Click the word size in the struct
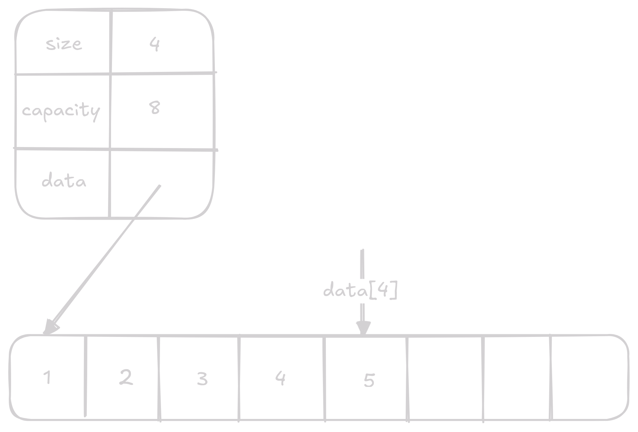point(64,44)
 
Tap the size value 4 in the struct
point(154,44)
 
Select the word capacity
point(61,111)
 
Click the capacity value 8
point(155,108)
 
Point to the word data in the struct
point(64,181)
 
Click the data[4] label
point(360,290)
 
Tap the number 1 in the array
point(48,378)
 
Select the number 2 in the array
point(126,377)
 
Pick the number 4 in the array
point(280,378)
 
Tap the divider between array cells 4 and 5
point(325,377)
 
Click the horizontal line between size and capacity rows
point(114,74)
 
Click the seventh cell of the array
point(517,377)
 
